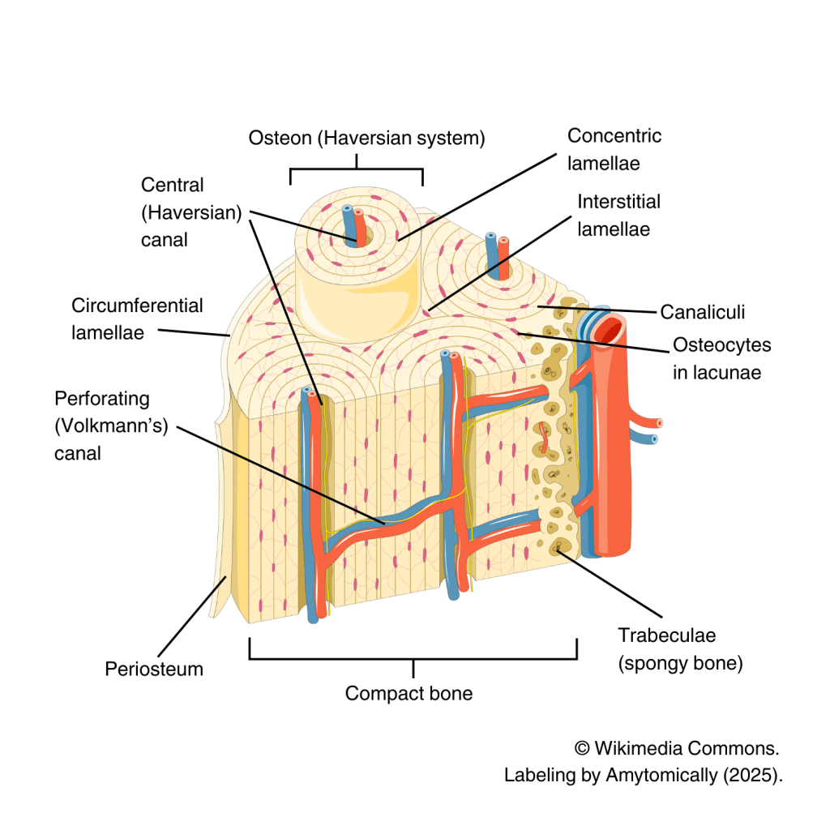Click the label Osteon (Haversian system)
pyautogui.click(x=366, y=139)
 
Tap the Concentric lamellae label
pyautogui.click(x=614, y=149)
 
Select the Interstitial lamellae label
pyautogui.click(x=618, y=215)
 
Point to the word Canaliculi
pyautogui.click(x=702, y=312)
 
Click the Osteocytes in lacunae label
pyautogui.click(x=721, y=357)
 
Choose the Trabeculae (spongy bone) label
pyautogui.click(x=680, y=649)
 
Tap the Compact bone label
pyautogui.click(x=409, y=694)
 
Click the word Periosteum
pyautogui.click(x=154, y=670)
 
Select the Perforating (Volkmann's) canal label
pyautogui.click(x=110, y=426)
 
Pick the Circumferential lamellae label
pyautogui.click(x=137, y=319)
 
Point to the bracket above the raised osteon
pyautogui.click(x=357, y=169)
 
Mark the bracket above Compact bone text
pyautogui.click(x=413, y=658)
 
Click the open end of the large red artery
pyautogui.click(x=611, y=328)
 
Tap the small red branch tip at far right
pyautogui.click(x=659, y=422)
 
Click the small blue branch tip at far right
pyautogui.click(x=653, y=440)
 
